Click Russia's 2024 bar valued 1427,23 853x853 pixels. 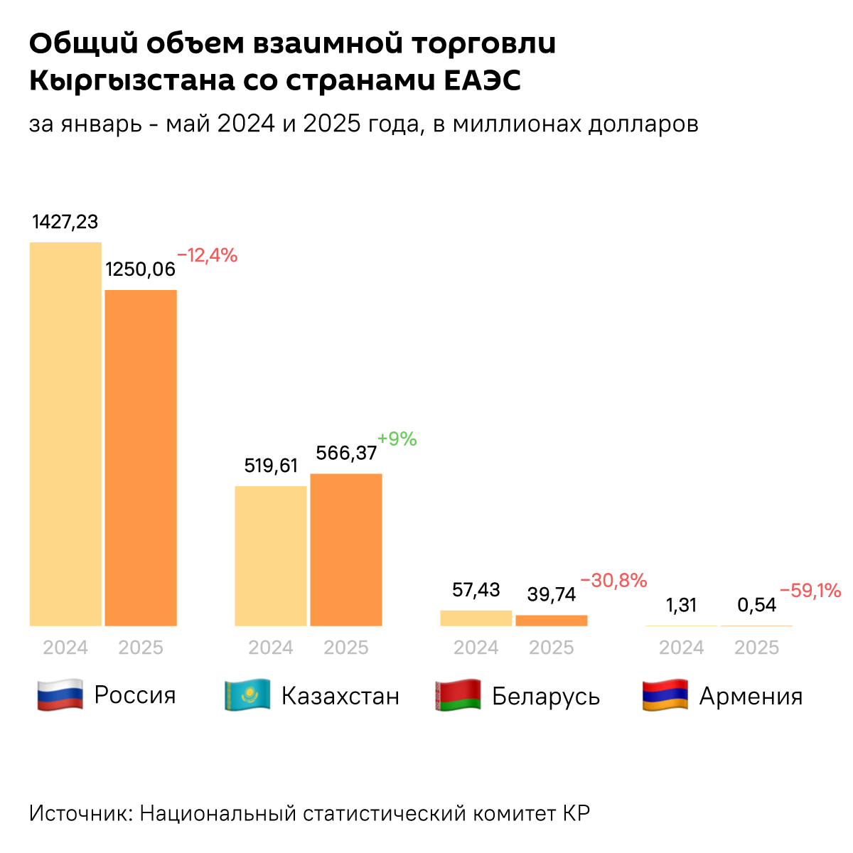tap(65, 434)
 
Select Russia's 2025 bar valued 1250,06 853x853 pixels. tap(141, 458)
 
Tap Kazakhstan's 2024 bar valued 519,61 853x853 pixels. tap(271, 556)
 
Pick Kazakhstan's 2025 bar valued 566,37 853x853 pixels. tap(346, 549)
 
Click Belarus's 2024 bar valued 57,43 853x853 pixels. tap(476, 618)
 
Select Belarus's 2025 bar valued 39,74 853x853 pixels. tap(552, 621)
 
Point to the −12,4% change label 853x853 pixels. tap(207, 255)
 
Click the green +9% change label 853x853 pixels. tap(397, 439)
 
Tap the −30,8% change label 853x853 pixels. tap(613, 581)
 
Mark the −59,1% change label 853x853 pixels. tap(810, 590)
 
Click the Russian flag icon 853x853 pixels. tap(60, 694)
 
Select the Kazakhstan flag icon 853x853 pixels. tap(247, 694)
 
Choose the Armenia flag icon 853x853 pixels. tap(665, 694)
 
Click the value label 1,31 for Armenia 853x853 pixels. tap(681, 605)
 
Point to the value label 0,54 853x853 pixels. tap(756, 605)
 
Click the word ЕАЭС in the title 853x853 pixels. tap(483, 81)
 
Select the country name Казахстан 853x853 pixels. tap(340, 695)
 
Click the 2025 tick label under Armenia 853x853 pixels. tap(756, 648)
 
